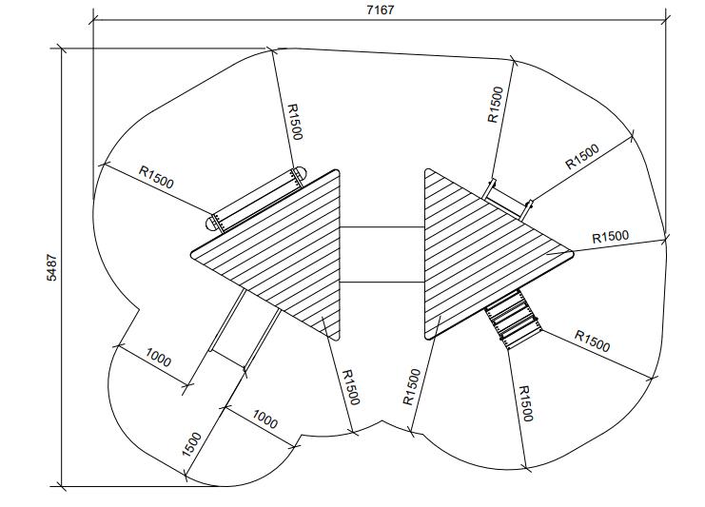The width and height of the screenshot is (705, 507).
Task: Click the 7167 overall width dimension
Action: [x=380, y=10]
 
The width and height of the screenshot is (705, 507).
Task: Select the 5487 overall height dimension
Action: [x=52, y=268]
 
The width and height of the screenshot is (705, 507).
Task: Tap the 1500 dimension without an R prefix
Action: [x=192, y=444]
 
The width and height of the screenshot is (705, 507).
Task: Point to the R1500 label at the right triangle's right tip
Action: [x=610, y=237]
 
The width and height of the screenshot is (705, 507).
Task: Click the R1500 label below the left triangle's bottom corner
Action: [x=351, y=387]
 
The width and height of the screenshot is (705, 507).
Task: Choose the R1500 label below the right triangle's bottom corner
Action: [x=525, y=403]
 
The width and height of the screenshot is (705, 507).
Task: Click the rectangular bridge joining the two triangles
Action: [x=382, y=255]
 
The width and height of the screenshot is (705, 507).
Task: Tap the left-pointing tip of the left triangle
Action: [x=192, y=253]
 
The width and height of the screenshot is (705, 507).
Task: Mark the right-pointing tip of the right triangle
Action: [x=572, y=254]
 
